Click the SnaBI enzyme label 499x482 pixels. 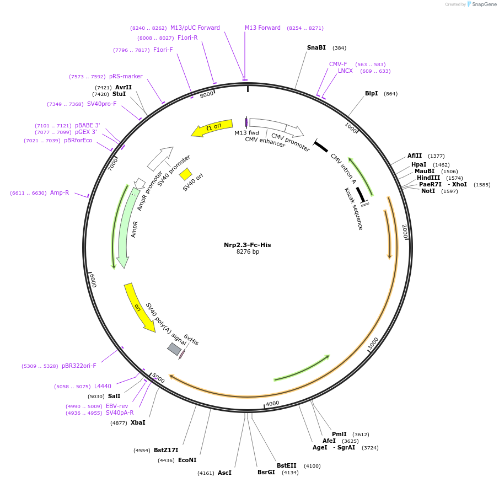pos(316,47)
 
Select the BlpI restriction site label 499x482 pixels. pos(371,93)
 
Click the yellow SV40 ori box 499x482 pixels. pos(185,174)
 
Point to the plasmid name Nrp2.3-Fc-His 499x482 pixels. pos(247,245)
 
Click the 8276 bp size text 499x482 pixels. pos(248,252)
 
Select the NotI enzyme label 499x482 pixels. pos(428,191)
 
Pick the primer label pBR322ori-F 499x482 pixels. pos(79,366)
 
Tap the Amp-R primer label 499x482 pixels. pos(60,192)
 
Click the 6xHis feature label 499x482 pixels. pos(191,340)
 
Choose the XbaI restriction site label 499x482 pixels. pos(138,422)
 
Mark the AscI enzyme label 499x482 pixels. pos(224,473)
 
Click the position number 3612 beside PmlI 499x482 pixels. pos(361,434)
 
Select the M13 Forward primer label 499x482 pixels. pos(262,28)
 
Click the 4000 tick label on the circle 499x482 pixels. pos(272,404)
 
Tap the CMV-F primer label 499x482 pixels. pos(338,64)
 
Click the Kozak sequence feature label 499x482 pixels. pos(353,208)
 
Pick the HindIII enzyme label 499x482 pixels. pos(428,178)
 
